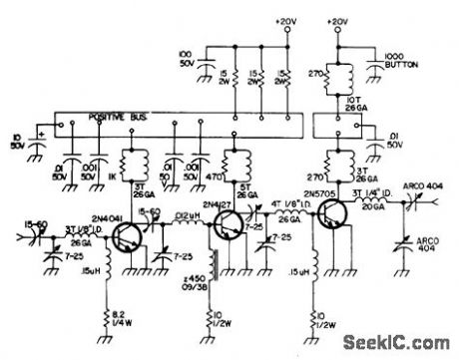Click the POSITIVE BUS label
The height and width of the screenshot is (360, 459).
click(104, 118)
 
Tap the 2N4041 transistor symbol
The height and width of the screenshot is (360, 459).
click(127, 236)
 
